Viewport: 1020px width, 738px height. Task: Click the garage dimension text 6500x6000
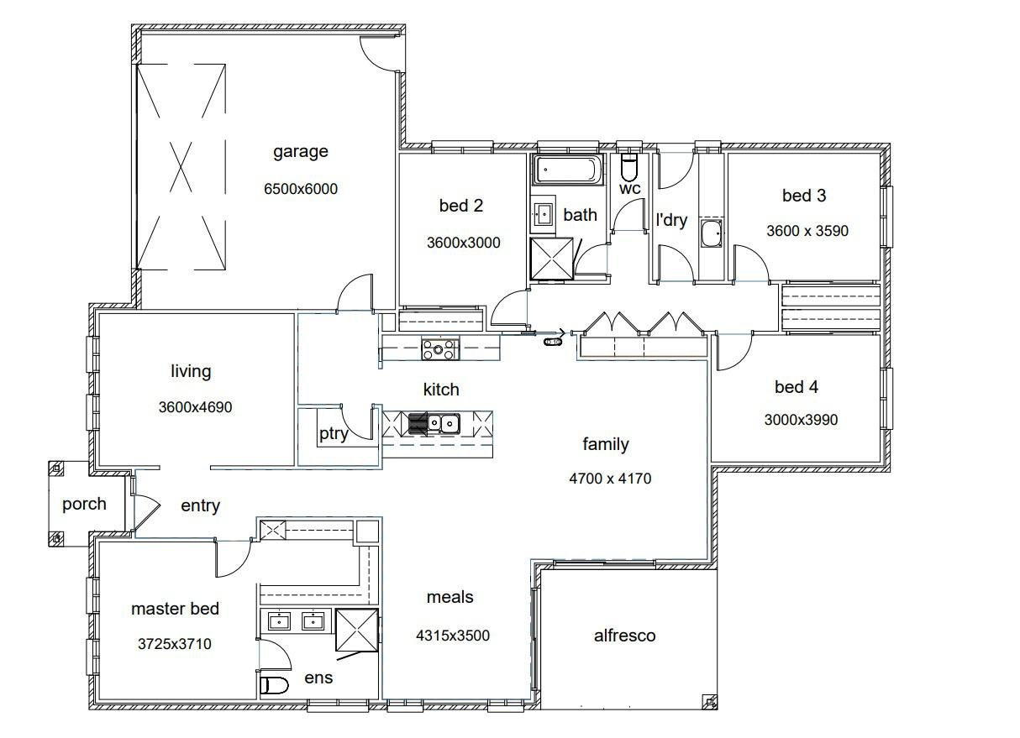pyautogui.click(x=301, y=189)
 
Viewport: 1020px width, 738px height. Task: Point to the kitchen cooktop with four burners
pyautogui.click(x=439, y=348)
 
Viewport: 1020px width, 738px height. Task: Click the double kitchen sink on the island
pyautogui.click(x=444, y=423)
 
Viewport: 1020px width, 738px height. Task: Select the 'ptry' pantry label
pyautogui.click(x=334, y=434)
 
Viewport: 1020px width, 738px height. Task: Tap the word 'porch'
pyautogui.click(x=84, y=504)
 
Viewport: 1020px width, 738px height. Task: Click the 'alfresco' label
pyautogui.click(x=624, y=636)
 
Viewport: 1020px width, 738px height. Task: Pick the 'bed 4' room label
pyautogui.click(x=796, y=387)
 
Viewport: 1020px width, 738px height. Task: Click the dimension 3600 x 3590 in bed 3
pyautogui.click(x=807, y=230)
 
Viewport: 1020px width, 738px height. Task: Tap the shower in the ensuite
pyautogui.click(x=356, y=630)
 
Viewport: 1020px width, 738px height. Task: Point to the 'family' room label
pyautogui.click(x=606, y=444)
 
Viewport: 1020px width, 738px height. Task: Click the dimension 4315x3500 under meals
pyautogui.click(x=453, y=636)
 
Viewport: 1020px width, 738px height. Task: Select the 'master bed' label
pyautogui.click(x=175, y=609)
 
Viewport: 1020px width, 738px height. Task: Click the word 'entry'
pyautogui.click(x=200, y=505)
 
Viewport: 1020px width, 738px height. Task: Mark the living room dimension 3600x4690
pyautogui.click(x=195, y=408)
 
